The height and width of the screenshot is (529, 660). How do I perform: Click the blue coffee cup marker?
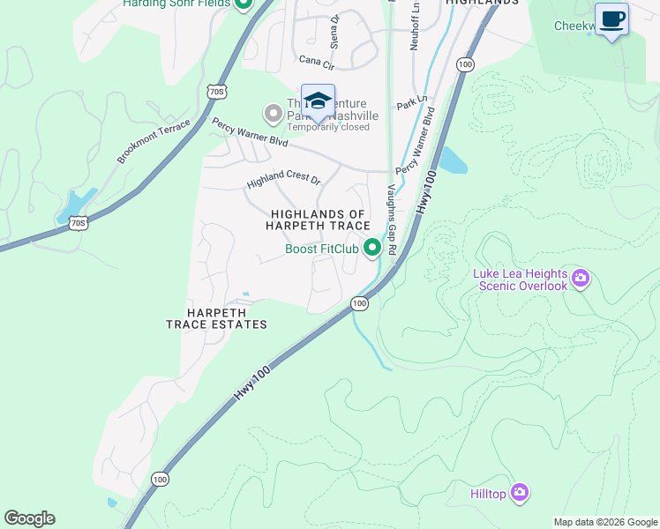point(611,19)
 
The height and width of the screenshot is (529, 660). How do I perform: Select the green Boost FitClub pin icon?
point(372,248)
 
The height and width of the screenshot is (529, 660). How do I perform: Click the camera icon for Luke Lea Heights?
point(580,279)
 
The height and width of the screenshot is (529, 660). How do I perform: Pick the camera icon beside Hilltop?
point(519,493)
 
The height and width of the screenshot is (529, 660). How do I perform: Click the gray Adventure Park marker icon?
point(274,113)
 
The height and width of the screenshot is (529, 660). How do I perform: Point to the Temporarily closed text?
point(328,127)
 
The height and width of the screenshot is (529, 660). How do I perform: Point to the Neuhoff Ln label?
point(413,26)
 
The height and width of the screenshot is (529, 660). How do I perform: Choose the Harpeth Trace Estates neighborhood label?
point(216,318)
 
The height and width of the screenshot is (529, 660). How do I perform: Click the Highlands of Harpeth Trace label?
point(318,220)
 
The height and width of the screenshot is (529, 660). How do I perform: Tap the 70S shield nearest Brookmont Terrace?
point(78,223)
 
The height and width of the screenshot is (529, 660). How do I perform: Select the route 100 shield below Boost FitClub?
point(358,303)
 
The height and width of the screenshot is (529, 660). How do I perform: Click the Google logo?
point(29,518)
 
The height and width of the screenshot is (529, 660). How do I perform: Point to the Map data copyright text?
point(604,522)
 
